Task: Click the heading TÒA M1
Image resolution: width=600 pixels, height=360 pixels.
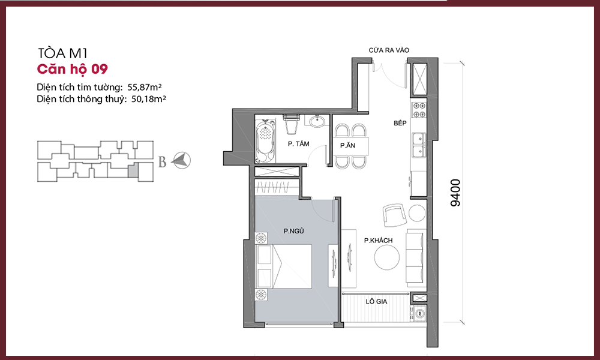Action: click(x=63, y=53)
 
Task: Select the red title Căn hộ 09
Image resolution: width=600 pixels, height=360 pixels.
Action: click(x=73, y=69)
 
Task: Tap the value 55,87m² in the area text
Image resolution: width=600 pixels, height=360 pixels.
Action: click(x=145, y=87)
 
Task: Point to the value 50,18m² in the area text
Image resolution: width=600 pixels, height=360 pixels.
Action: click(x=148, y=99)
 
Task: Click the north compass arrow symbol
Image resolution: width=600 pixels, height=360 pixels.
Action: click(x=181, y=160)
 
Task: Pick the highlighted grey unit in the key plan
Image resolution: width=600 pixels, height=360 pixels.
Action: click(x=133, y=169)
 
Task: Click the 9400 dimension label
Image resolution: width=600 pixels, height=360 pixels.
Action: click(x=456, y=193)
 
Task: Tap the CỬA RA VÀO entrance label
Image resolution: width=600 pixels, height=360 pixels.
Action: click(x=389, y=50)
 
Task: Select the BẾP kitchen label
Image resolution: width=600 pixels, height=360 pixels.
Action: click(x=400, y=123)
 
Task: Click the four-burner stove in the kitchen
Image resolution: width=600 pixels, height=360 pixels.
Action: click(x=419, y=110)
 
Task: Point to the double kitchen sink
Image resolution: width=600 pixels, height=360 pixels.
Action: click(x=419, y=145)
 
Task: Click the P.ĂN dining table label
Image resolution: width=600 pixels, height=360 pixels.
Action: click(x=347, y=145)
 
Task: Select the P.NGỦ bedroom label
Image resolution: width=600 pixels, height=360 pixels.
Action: click(x=293, y=231)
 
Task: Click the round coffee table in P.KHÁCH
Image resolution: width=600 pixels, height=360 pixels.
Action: click(x=387, y=257)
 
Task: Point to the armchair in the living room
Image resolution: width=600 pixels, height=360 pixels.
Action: click(x=394, y=215)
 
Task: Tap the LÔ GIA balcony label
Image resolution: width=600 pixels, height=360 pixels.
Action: click(x=376, y=301)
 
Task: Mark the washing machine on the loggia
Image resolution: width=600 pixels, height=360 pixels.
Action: click(x=418, y=313)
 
